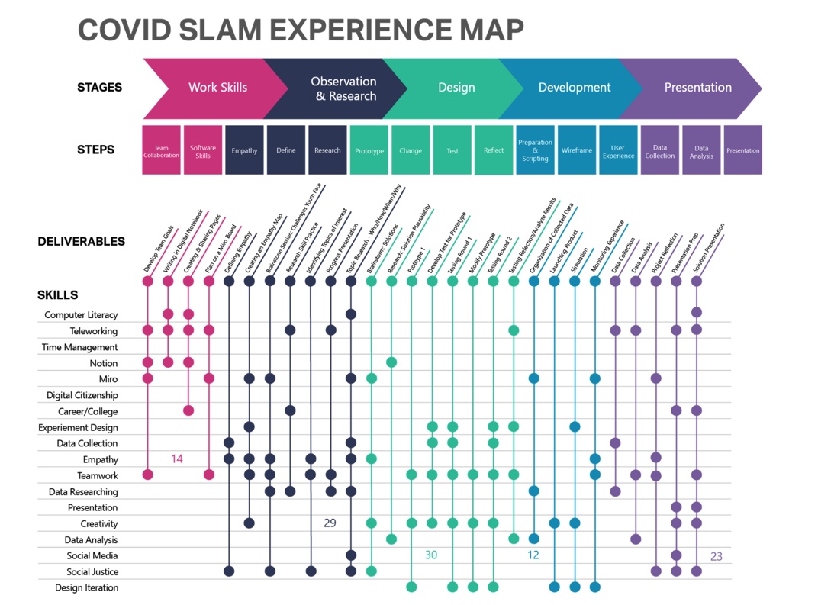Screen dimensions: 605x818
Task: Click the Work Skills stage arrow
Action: pyautogui.click(x=217, y=88)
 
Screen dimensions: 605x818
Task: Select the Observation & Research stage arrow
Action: pyautogui.click(x=343, y=88)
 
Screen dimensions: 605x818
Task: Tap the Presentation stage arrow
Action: pyautogui.click(x=697, y=88)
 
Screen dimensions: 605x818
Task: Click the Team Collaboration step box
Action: pyautogui.click(x=162, y=150)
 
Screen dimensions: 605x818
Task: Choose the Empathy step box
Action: pyautogui.click(x=244, y=150)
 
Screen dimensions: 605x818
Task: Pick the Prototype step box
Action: pyautogui.click(x=369, y=150)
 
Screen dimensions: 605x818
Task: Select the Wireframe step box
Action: pyautogui.click(x=577, y=150)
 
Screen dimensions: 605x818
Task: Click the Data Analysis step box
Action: pyautogui.click(x=701, y=150)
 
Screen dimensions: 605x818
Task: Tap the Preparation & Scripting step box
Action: pyautogui.click(x=535, y=150)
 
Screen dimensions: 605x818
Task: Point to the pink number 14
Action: pyautogui.click(x=177, y=459)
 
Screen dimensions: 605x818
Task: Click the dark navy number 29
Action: pyautogui.click(x=330, y=523)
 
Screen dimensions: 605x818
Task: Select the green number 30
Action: pyautogui.click(x=431, y=555)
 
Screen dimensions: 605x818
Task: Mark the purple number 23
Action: pyautogui.click(x=716, y=556)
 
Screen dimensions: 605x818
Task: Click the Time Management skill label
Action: pyautogui.click(x=79, y=347)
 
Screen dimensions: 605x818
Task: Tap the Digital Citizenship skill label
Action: pyautogui.click(x=82, y=395)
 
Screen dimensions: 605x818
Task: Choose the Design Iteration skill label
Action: pyautogui.click(x=86, y=587)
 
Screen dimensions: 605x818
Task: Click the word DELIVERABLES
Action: pyautogui.click(x=81, y=242)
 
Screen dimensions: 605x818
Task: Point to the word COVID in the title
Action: pyautogui.click(x=124, y=30)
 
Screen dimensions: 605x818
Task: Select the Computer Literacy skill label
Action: pyautogui.click(x=81, y=314)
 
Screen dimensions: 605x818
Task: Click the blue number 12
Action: pyautogui.click(x=533, y=555)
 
